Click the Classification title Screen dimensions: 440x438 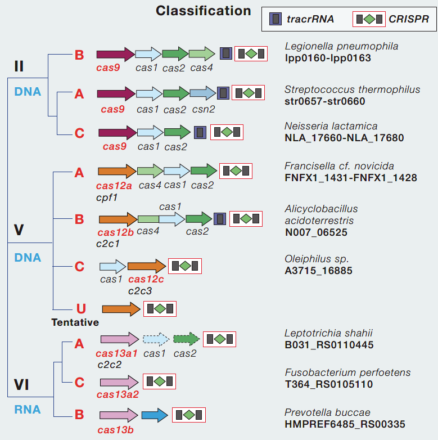203,11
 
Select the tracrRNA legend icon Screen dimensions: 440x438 276,19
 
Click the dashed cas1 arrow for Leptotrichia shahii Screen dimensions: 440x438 155,339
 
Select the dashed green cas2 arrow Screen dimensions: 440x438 187,339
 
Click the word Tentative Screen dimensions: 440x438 75,322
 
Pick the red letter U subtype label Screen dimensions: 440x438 81,308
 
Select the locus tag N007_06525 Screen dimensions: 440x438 316,232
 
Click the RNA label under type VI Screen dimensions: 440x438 28,410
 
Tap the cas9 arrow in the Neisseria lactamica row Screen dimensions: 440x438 117,133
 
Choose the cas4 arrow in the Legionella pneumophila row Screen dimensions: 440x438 201,53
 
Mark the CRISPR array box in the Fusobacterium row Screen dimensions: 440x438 159,381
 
